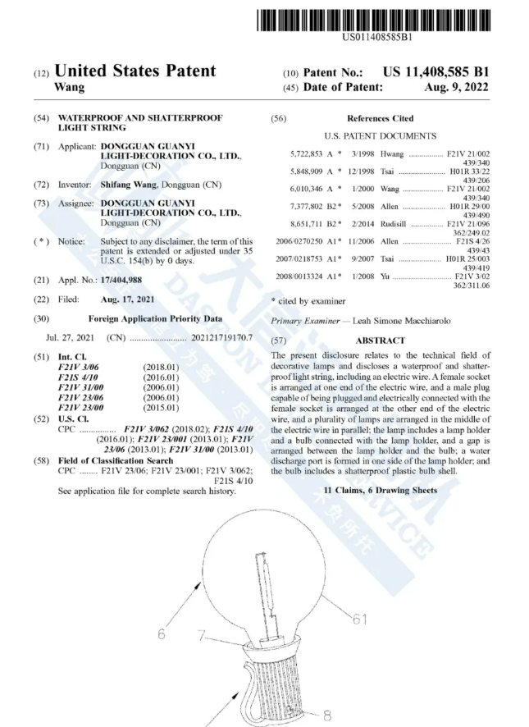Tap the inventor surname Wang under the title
point(68,87)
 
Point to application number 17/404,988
point(128,280)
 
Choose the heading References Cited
point(380,118)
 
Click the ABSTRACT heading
point(380,341)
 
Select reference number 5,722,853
point(307,153)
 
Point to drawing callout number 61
point(359,620)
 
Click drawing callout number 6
point(162,634)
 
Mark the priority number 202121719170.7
point(217,337)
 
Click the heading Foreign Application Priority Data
point(155,318)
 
